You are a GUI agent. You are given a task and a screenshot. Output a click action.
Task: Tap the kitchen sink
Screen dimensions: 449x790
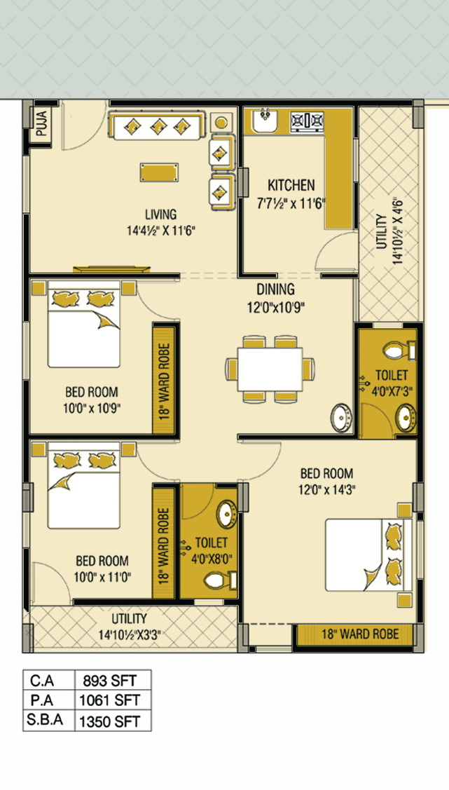tap(264, 121)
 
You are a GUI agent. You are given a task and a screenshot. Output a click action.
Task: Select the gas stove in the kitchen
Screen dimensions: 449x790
tap(307, 121)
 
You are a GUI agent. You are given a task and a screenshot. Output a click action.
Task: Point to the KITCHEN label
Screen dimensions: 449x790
tap(291, 185)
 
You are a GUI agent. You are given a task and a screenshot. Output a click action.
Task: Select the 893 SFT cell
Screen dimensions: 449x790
tap(113, 681)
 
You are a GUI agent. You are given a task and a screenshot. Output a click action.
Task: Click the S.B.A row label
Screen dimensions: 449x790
tap(46, 720)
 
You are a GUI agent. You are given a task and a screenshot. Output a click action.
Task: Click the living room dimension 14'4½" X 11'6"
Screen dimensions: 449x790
tap(160, 231)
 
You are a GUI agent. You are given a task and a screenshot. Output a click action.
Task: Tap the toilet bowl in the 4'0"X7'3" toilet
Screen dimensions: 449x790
tap(398, 350)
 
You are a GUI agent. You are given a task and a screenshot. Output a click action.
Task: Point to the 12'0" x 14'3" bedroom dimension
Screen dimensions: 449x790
tap(326, 489)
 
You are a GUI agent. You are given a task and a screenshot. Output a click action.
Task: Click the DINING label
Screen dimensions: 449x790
tap(275, 290)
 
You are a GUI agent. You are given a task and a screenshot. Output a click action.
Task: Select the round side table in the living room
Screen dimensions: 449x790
tap(221, 123)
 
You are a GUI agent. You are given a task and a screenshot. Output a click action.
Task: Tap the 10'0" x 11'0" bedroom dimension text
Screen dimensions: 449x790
tap(103, 576)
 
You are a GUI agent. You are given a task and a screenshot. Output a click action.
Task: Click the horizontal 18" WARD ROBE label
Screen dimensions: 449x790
tap(361, 634)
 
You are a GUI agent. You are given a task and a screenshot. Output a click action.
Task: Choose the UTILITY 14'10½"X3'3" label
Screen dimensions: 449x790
tap(130, 626)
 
